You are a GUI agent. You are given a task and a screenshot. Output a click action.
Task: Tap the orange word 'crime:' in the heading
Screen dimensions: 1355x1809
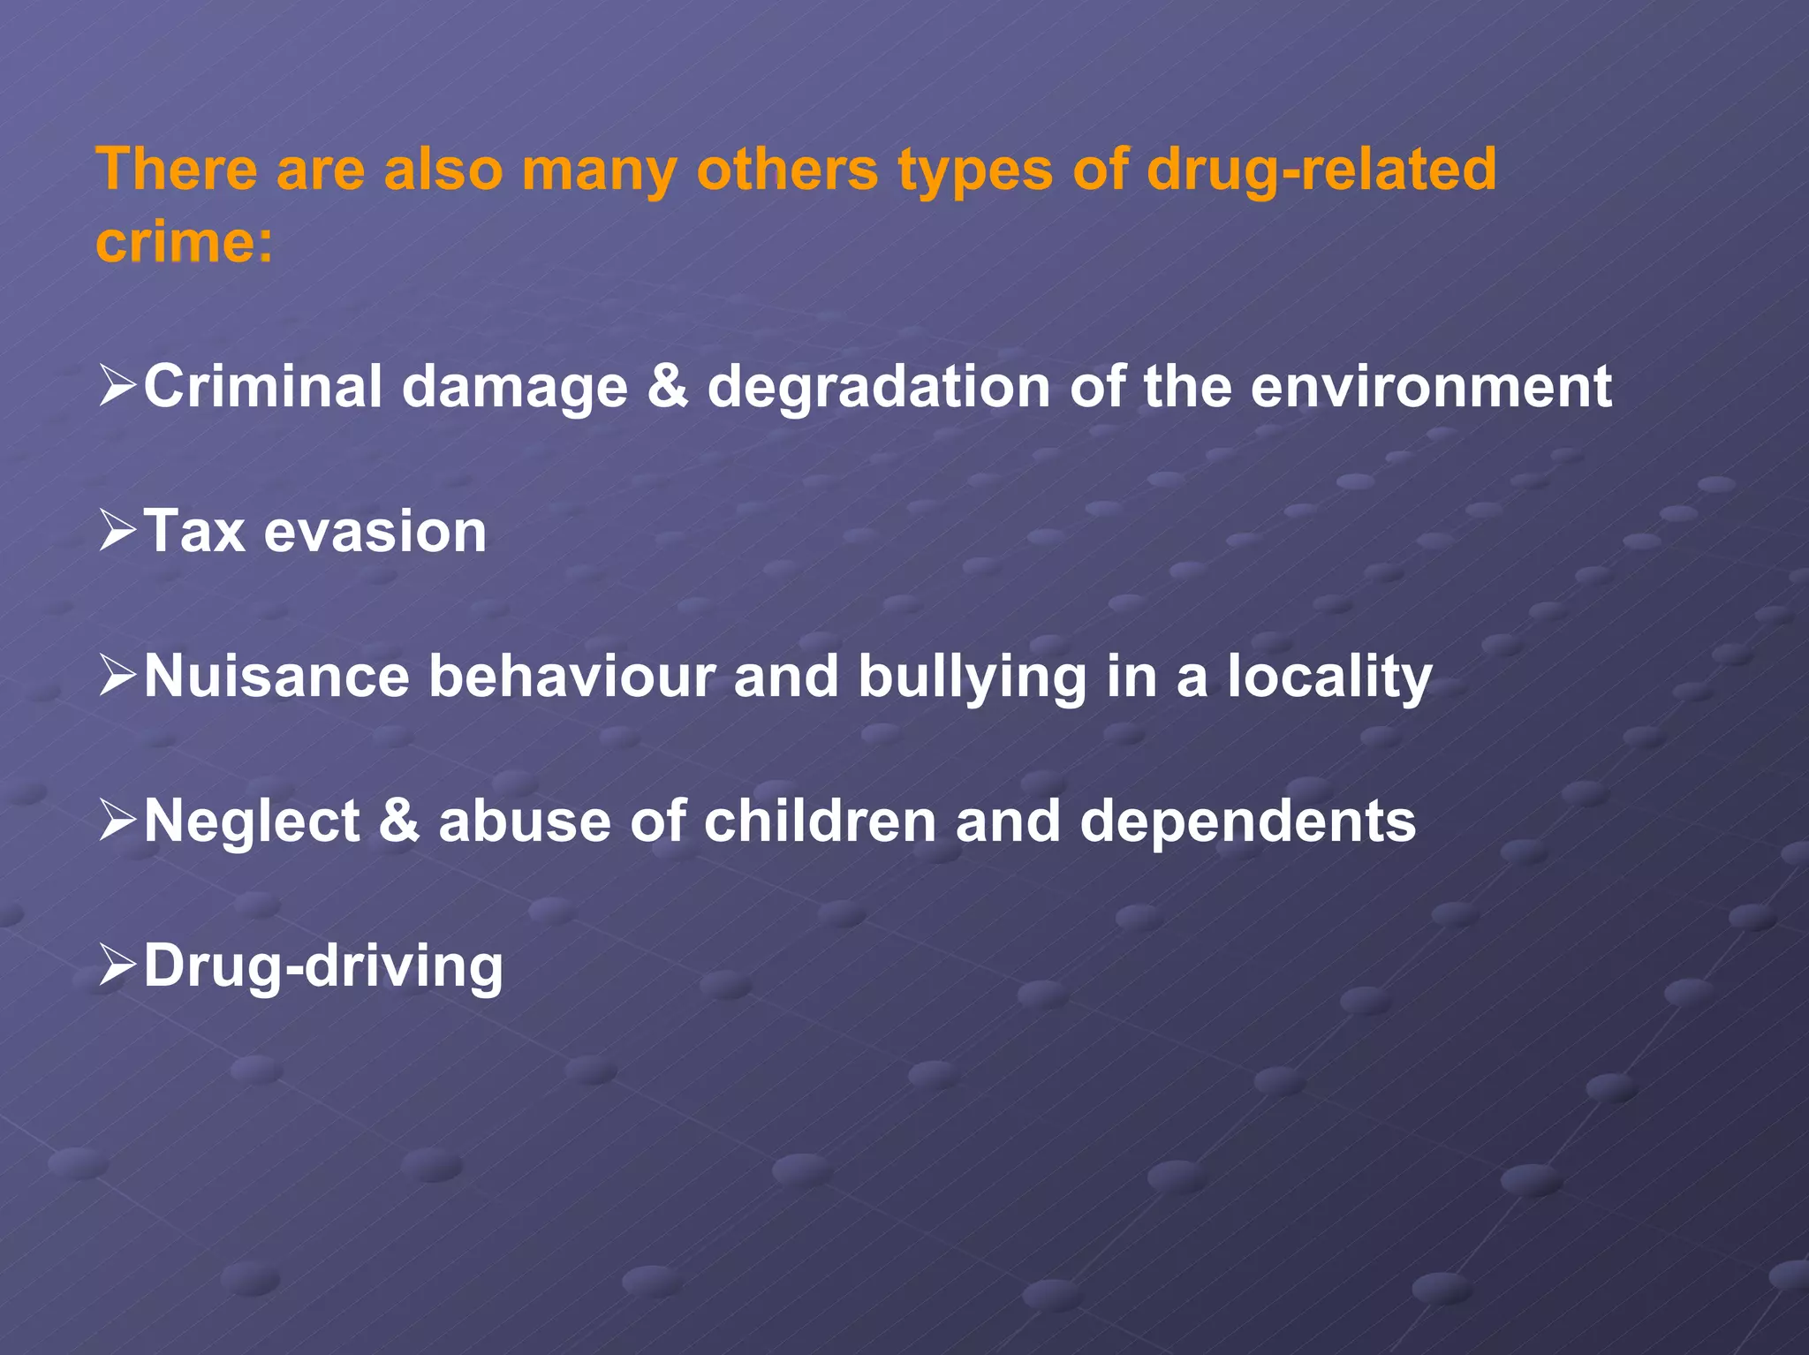185,241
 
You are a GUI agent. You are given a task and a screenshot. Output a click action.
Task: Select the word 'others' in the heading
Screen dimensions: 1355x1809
786,169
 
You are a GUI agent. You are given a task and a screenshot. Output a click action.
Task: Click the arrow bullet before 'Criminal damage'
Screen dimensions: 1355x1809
117,386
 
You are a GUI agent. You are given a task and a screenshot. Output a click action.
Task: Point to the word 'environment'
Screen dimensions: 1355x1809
1431,387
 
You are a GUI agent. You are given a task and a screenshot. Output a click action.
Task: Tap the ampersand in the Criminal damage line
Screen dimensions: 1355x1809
667,387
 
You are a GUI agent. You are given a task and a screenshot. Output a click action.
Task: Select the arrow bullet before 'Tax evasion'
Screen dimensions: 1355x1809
117,531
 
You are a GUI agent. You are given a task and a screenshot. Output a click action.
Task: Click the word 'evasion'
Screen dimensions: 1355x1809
375,532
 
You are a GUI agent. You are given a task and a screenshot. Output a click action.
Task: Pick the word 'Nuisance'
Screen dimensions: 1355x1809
276,677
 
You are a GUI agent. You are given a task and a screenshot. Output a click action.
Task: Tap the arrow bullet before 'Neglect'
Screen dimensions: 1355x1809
117,821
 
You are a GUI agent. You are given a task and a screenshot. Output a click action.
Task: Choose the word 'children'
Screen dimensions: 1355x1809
820,821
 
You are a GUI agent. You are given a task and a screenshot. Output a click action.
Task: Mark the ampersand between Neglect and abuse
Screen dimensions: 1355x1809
399,821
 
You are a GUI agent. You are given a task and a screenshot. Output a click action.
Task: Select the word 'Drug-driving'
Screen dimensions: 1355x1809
323,966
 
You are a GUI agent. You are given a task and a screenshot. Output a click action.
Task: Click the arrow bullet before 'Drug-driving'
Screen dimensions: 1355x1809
117,965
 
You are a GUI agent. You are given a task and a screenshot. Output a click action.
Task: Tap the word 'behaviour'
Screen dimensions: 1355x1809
571,677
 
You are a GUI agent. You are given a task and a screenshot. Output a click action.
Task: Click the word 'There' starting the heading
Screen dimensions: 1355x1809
177,169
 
